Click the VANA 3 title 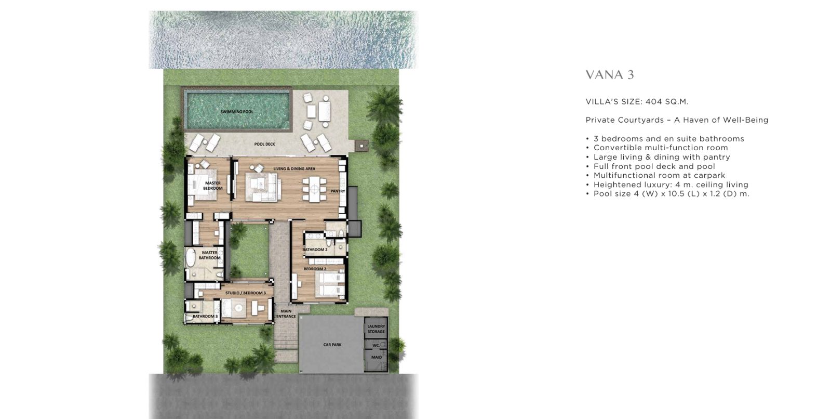[610, 75]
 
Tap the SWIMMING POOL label [237, 112]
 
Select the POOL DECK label [264, 144]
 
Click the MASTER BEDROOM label [212, 186]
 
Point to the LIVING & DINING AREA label [294, 168]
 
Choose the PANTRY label [338, 191]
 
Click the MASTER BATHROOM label [210, 255]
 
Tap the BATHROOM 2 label [315, 250]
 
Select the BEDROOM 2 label [315, 269]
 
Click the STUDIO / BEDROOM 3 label [246, 293]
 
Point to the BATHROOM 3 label [205, 317]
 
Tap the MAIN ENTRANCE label [286, 314]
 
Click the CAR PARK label [332, 345]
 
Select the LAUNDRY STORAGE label [376, 329]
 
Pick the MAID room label [377, 357]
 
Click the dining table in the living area [314, 189]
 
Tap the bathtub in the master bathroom [190, 258]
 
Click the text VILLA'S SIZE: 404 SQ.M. [637, 101]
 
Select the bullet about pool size [668, 194]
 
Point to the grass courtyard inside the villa [249, 251]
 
